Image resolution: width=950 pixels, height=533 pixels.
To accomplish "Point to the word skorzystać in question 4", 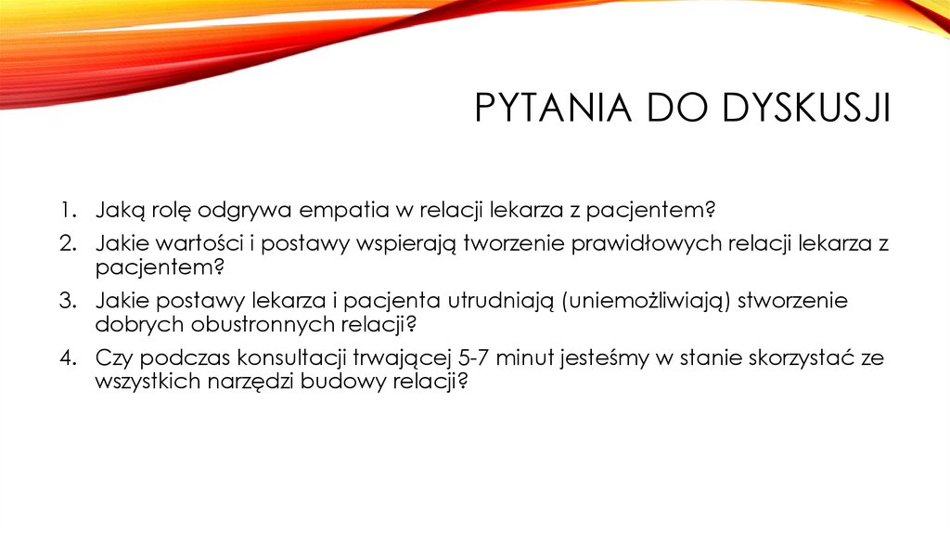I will (x=799, y=358).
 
